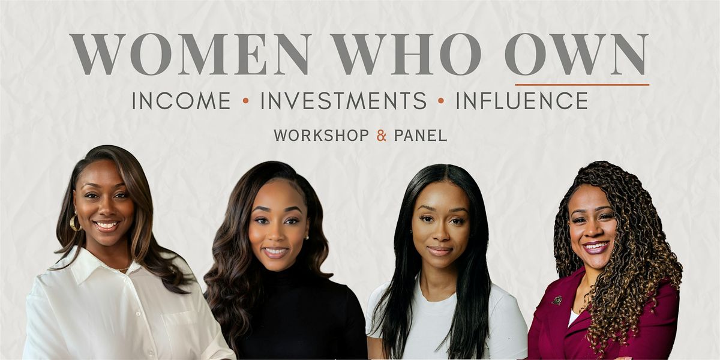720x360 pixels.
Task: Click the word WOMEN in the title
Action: coord(189,54)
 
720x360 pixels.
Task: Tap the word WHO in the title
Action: coord(406,54)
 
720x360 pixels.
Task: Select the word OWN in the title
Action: coord(576,54)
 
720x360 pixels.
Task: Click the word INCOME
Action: coord(181,101)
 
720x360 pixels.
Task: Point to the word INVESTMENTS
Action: coord(344,101)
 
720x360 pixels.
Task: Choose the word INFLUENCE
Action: coord(522,101)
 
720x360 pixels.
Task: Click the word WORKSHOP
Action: coord(321,136)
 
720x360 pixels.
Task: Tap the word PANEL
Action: coord(421,136)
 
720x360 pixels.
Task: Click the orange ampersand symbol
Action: coord(381,136)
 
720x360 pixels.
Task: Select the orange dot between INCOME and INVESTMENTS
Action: coord(245,101)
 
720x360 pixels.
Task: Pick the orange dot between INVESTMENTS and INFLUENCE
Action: coord(441,101)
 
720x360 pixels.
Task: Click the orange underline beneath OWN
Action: coord(582,85)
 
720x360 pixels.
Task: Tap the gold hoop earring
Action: coord(74,223)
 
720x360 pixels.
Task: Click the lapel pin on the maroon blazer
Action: coord(557,300)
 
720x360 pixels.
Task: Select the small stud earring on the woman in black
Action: coord(307,238)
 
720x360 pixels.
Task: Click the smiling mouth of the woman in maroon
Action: coord(596,247)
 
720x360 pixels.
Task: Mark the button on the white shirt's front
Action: coord(137,313)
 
